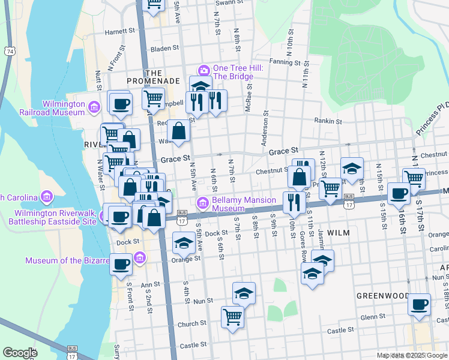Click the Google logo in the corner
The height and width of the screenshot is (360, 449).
pos(20,353)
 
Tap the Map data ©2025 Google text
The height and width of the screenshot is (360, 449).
pos(412,355)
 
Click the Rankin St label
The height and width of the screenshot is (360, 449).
pos(328,121)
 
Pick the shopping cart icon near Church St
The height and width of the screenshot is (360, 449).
pos(232,316)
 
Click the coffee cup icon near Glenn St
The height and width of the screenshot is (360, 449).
pos(419,303)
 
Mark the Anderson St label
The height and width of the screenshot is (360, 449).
pos(264,128)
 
